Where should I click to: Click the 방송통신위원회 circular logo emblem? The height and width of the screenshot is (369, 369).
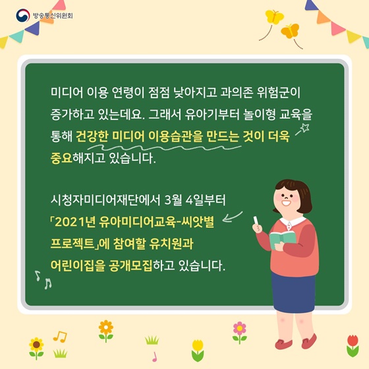pyautogui.click(x=23, y=16)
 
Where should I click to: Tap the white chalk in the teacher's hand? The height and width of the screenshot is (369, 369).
pyautogui.click(x=256, y=221)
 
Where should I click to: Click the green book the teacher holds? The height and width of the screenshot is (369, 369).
pyautogui.click(x=283, y=239)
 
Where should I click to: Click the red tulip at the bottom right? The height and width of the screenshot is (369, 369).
pyautogui.click(x=353, y=345)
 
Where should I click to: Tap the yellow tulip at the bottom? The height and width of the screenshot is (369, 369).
pyautogui.click(x=198, y=350)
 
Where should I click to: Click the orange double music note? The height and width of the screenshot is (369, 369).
pyautogui.click(x=60, y=337)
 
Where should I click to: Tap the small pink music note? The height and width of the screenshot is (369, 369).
pyautogui.click(x=154, y=356)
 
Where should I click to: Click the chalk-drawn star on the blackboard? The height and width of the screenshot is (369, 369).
pyautogui.click(x=305, y=128)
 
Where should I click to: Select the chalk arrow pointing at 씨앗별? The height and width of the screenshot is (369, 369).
pyautogui.click(x=232, y=217)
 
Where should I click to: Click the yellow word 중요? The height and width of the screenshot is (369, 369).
pyautogui.click(x=61, y=157)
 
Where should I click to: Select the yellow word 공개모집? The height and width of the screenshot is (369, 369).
pyautogui.click(x=130, y=266)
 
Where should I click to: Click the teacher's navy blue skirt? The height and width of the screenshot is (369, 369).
pyautogui.click(x=293, y=293)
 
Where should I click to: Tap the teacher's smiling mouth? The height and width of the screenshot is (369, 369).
pyautogui.click(x=286, y=202)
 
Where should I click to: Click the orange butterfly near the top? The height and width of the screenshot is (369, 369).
pyautogui.click(x=290, y=31)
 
